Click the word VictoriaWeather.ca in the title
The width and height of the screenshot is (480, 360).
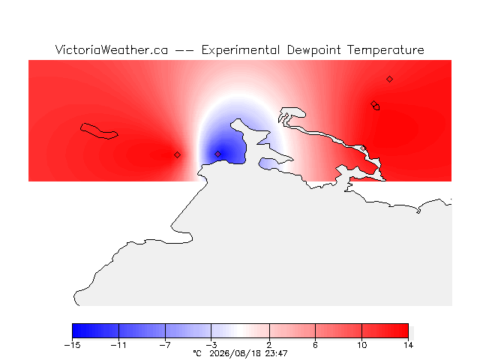coord(112,49)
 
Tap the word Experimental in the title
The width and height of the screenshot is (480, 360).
coord(241,50)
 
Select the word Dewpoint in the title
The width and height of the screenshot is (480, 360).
coord(313,50)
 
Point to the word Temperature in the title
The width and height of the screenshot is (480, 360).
coord(385,50)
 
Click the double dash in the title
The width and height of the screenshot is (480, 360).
coord(184,50)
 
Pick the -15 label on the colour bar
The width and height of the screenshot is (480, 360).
coord(73,345)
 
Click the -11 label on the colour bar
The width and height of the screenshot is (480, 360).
coord(118,345)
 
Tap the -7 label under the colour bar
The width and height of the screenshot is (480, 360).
coord(165,345)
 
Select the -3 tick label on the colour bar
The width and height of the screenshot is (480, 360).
coord(211,345)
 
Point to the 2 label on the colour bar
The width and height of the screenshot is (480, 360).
coord(269,345)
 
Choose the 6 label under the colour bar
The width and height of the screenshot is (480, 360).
coord(315,345)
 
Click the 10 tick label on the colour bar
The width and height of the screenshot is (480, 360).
coord(361,345)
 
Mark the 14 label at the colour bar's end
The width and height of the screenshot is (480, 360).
coord(408,345)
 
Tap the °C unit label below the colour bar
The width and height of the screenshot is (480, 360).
coord(197,353)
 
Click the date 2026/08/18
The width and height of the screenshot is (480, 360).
coord(235,354)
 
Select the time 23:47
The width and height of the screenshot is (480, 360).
coord(276,353)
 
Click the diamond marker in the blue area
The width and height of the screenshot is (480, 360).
coord(217,154)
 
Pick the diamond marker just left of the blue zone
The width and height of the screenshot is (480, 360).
coord(177,155)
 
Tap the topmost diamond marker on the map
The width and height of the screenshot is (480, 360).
coord(389,79)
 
